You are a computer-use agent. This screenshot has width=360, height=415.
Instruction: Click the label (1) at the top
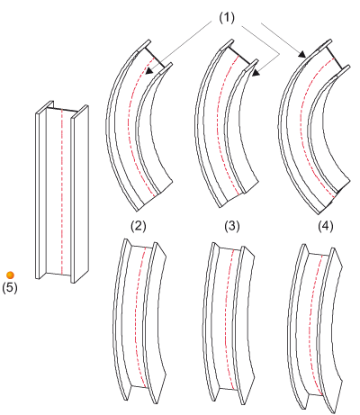[x=227, y=18]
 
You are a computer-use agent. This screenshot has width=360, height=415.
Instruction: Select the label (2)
[x=139, y=226]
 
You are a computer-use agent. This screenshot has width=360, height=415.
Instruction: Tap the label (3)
[x=232, y=226]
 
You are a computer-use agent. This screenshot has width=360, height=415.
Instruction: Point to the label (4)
[x=326, y=226]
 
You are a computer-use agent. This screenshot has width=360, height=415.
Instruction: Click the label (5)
[x=10, y=287]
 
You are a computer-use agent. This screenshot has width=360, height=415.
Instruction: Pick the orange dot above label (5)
[x=10, y=275]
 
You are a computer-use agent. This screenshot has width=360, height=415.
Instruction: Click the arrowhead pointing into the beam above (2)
[x=148, y=71]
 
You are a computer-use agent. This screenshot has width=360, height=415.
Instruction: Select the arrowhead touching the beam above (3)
[x=256, y=73]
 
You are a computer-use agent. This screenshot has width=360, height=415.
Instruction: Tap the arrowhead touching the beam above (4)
[x=302, y=54]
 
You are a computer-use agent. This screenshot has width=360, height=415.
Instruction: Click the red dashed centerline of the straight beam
[x=61, y=192]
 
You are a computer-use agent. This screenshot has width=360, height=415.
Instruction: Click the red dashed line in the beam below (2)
[x=136, y=315]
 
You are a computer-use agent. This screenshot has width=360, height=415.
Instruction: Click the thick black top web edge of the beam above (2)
[x=155, y=57]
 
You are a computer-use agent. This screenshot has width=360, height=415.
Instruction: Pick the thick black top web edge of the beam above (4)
[x=335, y=58]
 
